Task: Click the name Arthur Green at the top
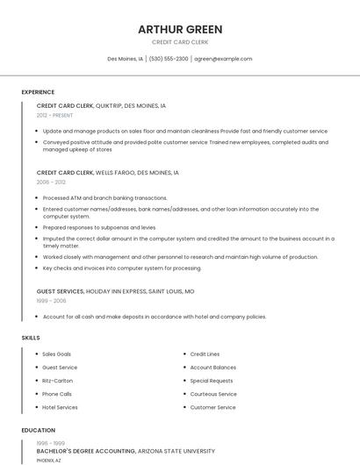180,29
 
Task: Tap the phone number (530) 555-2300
169,59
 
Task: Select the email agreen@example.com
223,59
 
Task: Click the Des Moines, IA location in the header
126,59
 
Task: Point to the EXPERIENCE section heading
38,92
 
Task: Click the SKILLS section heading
30,338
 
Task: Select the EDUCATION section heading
38,431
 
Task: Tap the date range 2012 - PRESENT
55,115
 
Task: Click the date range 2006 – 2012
51,182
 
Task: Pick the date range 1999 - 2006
51,300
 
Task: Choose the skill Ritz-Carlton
58,381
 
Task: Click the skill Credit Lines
205,354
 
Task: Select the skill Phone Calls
57,394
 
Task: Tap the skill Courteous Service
213,394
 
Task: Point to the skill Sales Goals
57,354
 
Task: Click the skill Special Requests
212,381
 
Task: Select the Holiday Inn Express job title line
115,290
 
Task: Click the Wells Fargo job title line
107,173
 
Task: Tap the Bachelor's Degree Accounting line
126,451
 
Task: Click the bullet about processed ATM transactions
104,198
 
